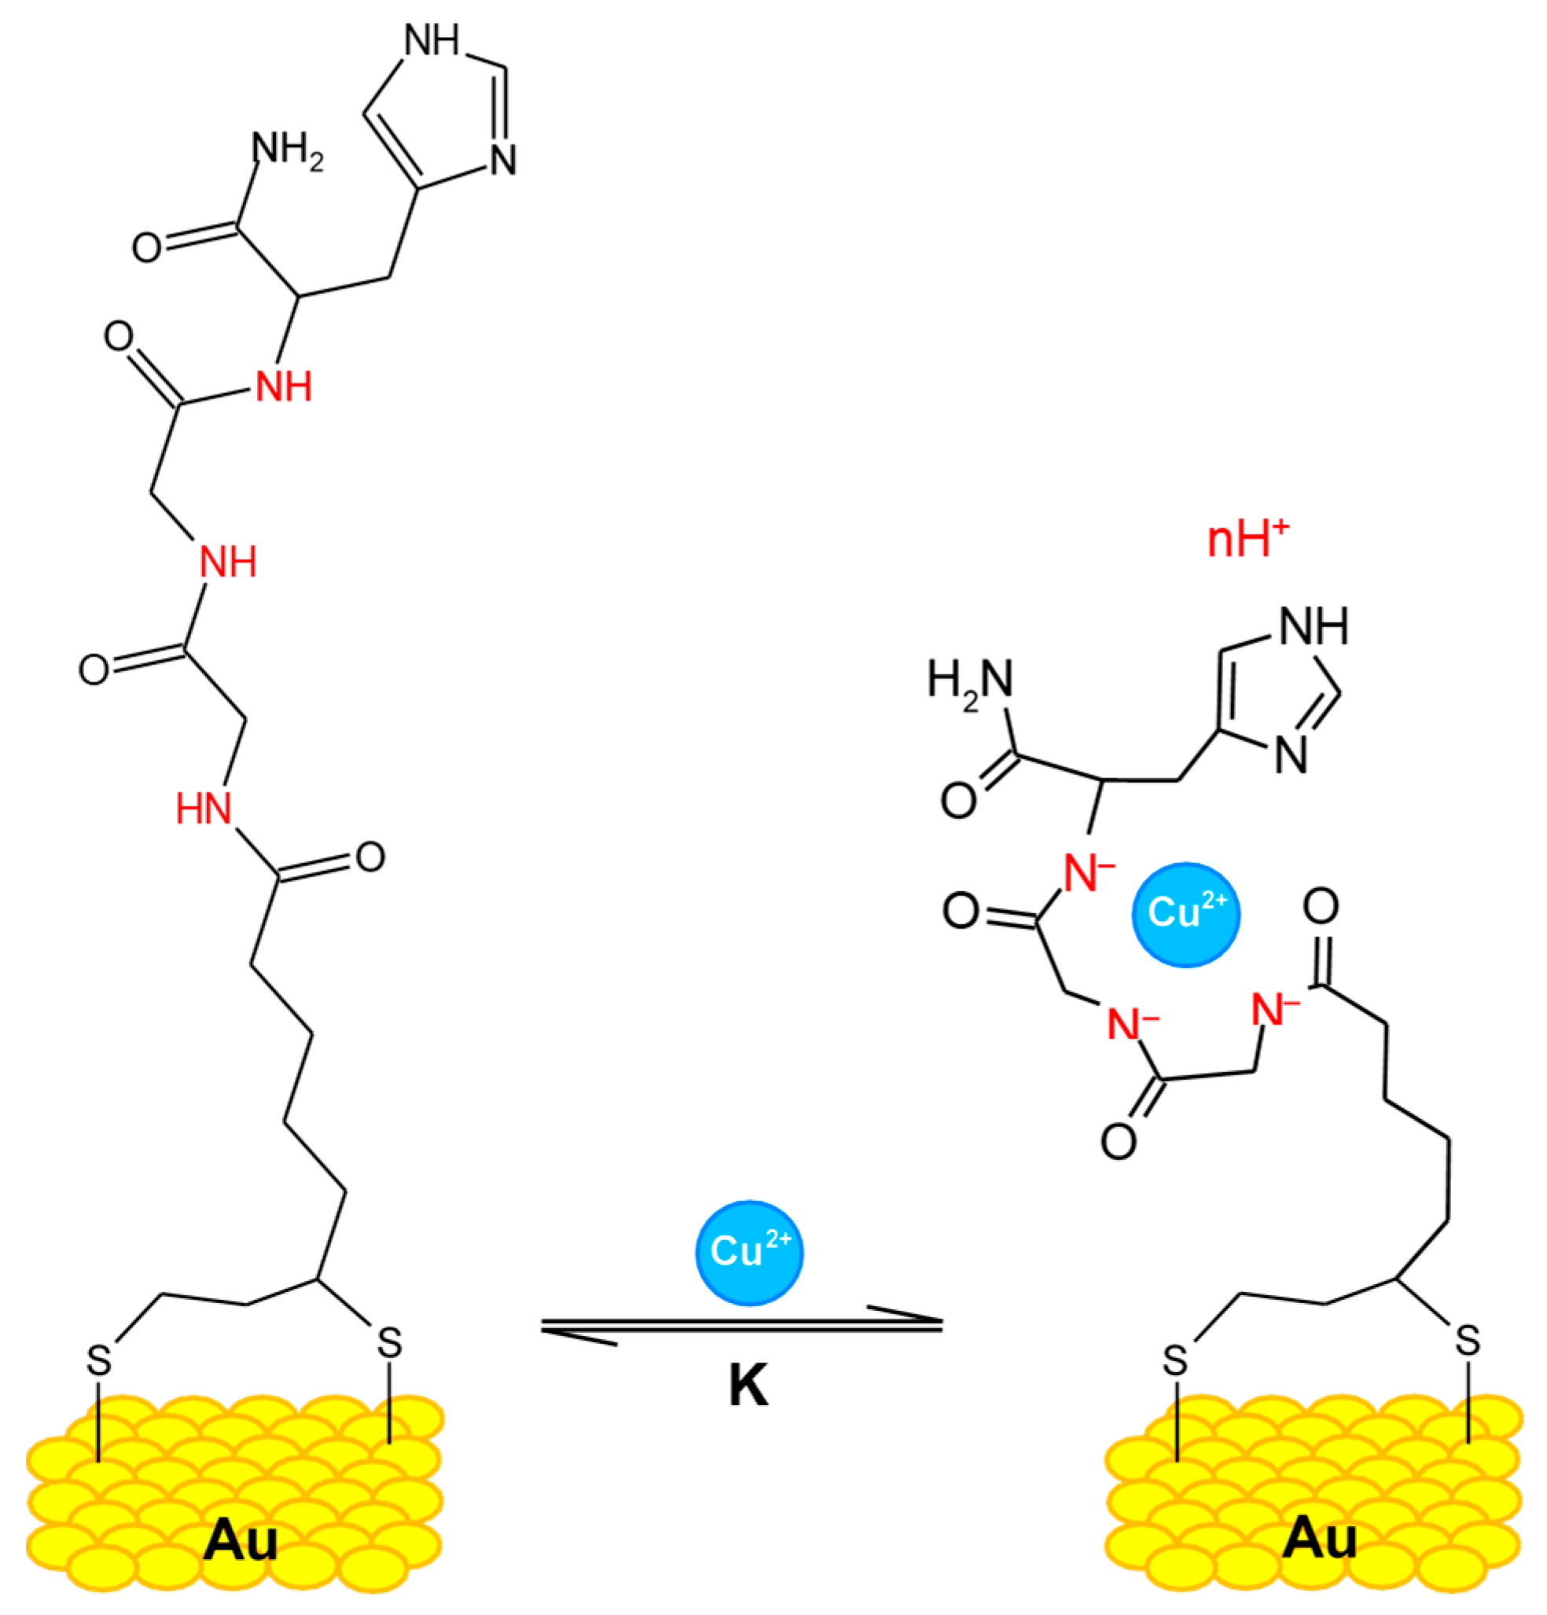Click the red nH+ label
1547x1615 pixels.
1246,540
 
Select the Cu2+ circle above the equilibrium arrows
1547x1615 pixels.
748,1253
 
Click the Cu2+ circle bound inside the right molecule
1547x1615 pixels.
1185,914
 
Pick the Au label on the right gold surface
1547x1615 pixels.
1318,1537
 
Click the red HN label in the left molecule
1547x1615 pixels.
204,809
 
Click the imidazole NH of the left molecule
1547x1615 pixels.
432,39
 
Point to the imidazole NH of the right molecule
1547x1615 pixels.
1314,626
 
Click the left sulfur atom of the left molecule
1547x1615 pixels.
99,1360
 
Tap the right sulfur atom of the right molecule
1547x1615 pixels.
1467,1341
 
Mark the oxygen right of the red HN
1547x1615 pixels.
370,857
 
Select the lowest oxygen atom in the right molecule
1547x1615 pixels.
1119,1142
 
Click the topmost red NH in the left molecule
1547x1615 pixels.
284,386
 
